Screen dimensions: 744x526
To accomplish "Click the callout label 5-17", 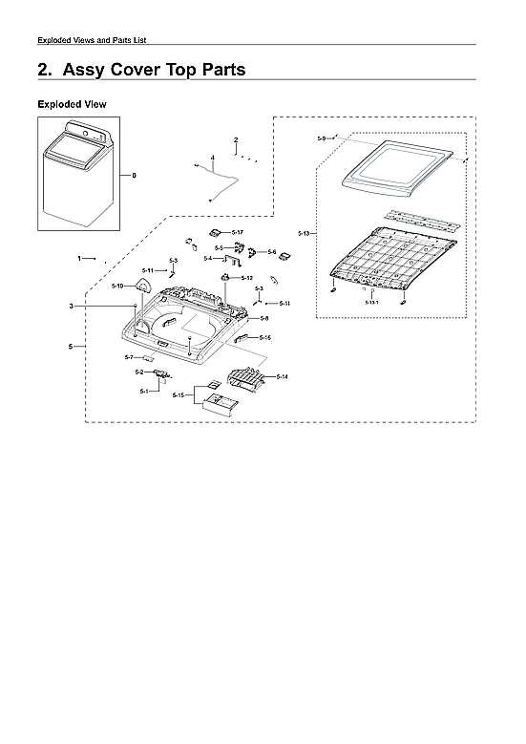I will pos(238,232).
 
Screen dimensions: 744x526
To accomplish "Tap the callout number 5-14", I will pos(283,377).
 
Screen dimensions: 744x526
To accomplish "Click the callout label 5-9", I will pos(322,139).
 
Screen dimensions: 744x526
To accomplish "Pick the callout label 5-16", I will pos(264,338).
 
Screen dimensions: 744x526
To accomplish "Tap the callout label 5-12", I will pos(246,278).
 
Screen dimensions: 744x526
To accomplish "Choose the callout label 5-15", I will pos(179,395).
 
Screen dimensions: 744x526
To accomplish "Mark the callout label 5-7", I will pos(129,357).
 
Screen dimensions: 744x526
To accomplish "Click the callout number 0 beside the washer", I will pos(134,175).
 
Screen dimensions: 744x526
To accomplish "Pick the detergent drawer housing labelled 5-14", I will pos(245,382).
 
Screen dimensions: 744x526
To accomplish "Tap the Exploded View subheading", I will pos(72,103).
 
